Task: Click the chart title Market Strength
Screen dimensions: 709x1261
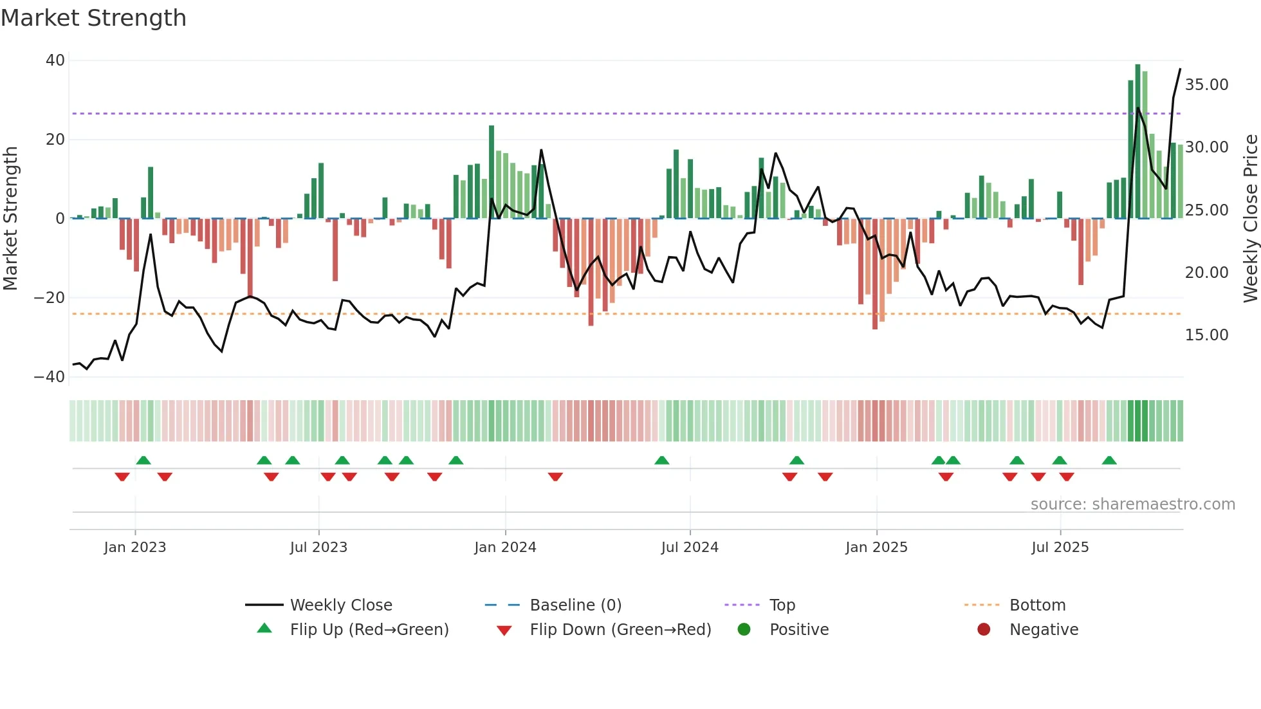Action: click(x=93, y=18)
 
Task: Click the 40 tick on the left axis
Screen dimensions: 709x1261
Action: click(x=55, y=60)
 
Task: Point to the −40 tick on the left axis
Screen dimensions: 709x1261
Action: click(x=50, y=377)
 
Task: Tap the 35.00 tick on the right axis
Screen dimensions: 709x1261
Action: click(x=1206, y=85)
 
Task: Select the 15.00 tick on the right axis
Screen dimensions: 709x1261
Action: click(x=1206, y=335)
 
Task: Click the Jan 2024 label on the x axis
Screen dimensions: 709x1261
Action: click(x=505, y=548)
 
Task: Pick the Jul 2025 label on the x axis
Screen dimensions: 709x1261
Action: click(x=1060, y=548)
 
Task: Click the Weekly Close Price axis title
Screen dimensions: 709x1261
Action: click(x=1250, y=219)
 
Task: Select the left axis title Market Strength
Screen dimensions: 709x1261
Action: click(x=11, y=219)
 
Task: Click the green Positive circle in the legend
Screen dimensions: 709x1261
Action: click(x=744, y=630)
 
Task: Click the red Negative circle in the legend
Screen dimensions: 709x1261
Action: click(x=984, y=630)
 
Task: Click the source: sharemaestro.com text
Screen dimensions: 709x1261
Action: click(x=1132, y=504)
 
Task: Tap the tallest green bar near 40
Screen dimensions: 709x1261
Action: click(x=1137, y=142)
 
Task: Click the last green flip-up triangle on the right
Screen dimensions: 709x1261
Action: click(x=1109, y=461)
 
